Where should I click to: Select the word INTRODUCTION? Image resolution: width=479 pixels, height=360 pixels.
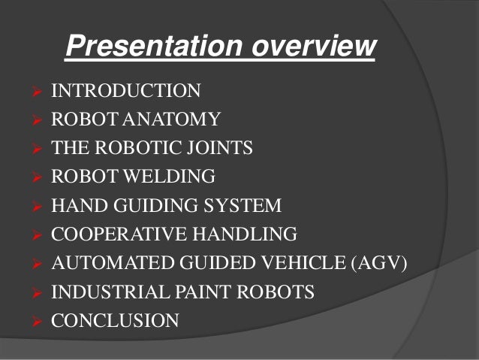[126, 92]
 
